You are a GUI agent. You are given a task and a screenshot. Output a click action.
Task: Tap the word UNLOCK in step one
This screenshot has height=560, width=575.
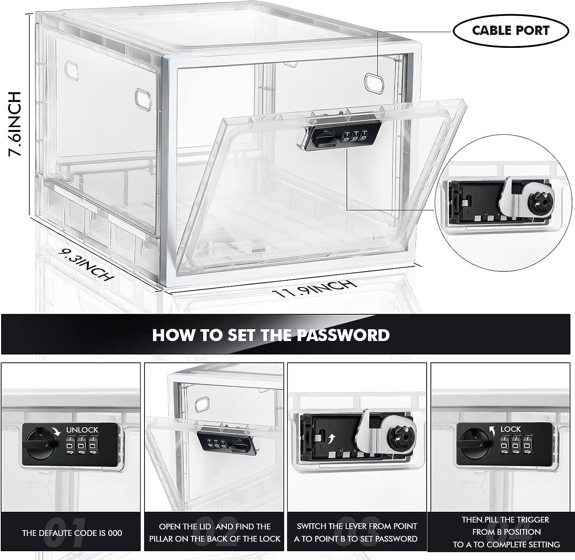pos(82,430)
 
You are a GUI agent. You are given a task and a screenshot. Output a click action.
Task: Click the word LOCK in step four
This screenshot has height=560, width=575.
pos(510,429)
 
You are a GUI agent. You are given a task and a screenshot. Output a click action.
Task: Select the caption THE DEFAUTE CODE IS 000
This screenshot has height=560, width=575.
pos(72,533)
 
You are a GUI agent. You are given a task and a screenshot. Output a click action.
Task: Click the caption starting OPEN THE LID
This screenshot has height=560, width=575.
pos(215,532)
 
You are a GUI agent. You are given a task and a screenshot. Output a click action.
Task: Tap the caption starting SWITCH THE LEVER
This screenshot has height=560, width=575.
pos(357,532)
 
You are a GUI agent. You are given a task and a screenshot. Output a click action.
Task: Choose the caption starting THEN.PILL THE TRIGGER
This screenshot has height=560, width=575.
pos(506,532)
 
